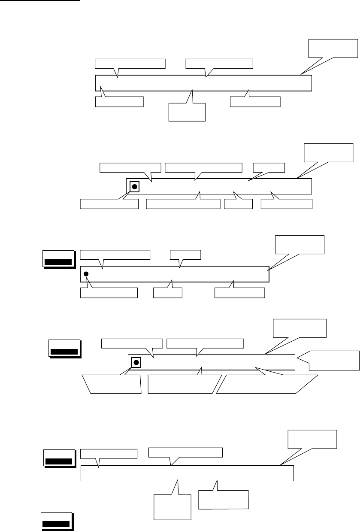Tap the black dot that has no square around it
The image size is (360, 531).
[86, 274]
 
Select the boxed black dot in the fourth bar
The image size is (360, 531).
[136, 363]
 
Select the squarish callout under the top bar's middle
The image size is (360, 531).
[188, 112]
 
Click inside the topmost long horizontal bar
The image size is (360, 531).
[203, 83]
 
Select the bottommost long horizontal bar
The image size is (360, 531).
[187, 473]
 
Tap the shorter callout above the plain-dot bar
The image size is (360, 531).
[185, 254]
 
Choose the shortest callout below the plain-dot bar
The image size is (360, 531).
[168, 293]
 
